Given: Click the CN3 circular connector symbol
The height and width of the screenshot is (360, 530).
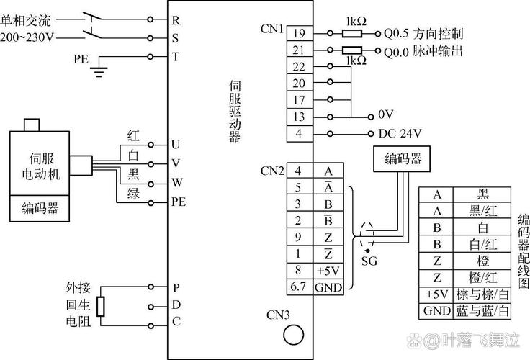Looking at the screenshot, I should point(292,334).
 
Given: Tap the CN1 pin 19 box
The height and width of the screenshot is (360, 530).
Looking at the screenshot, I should point(300,33).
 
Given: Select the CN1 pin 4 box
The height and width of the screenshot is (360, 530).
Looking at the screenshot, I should point(300,133).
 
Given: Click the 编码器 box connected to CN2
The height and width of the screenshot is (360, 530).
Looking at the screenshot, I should point(403,159).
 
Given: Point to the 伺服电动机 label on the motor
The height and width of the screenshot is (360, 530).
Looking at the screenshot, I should point(40,165).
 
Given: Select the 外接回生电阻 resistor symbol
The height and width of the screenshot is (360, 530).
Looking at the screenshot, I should point(102,306).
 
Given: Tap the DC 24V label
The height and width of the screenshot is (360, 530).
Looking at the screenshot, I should point(400,133).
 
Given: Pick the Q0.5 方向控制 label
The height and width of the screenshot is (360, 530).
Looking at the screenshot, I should point(423,34).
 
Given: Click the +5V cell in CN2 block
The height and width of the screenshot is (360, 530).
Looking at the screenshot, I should point(328,271).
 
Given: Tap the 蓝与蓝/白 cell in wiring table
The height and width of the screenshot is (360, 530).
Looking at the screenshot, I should point(482,312).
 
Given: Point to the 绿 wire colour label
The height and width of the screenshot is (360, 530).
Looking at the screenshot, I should point(133,193).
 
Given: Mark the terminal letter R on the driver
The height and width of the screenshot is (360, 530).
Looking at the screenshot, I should point(175,20).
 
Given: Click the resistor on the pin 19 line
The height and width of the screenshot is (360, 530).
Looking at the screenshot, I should point(351,33).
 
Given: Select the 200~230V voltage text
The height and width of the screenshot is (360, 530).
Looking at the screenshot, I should point(29,37).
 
